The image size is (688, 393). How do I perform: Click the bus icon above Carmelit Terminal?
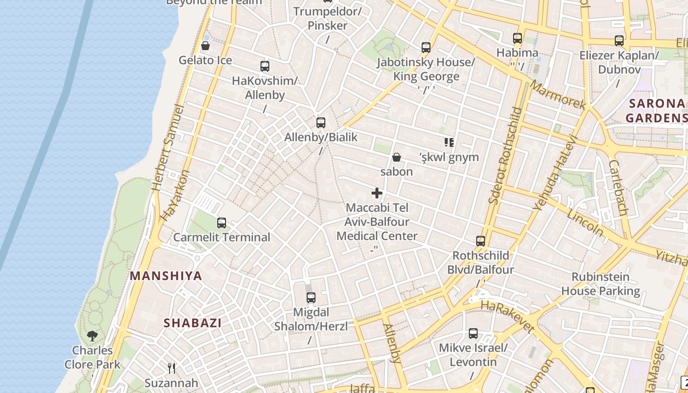pos(222,223)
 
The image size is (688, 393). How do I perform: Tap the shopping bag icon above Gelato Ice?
pos(205,46)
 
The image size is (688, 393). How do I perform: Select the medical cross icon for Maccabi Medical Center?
pos(377,193)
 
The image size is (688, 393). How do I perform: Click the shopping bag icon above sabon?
pos(397,157)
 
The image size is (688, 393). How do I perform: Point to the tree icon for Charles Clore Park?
pos(92,336)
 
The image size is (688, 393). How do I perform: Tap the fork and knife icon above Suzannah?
pos(172,368)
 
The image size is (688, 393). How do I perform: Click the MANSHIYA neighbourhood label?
pos(166,276)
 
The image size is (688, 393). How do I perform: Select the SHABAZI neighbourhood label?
pos(193,323)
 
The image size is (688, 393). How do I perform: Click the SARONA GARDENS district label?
pos(656,111)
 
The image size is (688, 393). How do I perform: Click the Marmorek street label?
pos(558,95)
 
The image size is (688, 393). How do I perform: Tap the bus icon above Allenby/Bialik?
pos(321,123)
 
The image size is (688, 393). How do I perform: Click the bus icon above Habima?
pos(517,38)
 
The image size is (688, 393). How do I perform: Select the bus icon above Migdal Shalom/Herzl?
pos(311,297)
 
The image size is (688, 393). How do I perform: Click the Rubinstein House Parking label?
pos(601,283)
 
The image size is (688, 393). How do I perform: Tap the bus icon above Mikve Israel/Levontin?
pos(473,334)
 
